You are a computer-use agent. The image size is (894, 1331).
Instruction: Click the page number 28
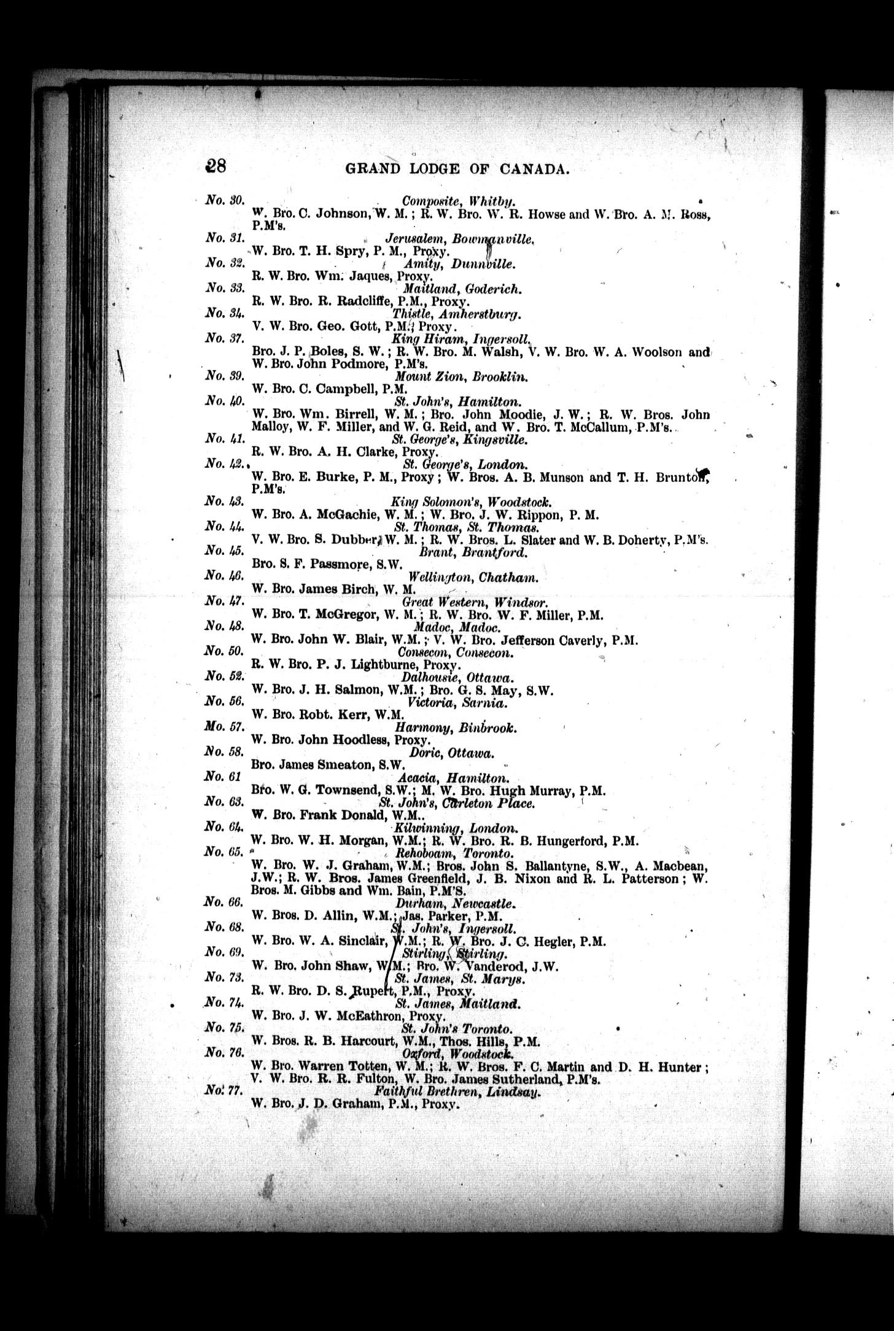tap(216, 167)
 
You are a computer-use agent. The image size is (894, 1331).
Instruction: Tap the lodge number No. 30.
tap(224, 200)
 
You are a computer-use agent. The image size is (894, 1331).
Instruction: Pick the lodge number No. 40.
tap(225, 402)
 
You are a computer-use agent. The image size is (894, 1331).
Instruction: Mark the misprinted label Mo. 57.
tap(225, 728)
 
